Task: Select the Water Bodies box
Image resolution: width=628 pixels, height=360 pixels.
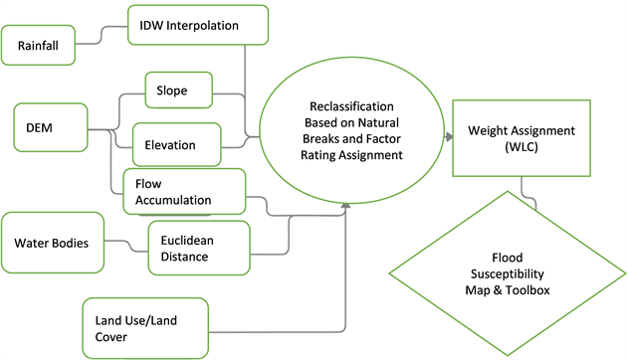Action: pos(53,243)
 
